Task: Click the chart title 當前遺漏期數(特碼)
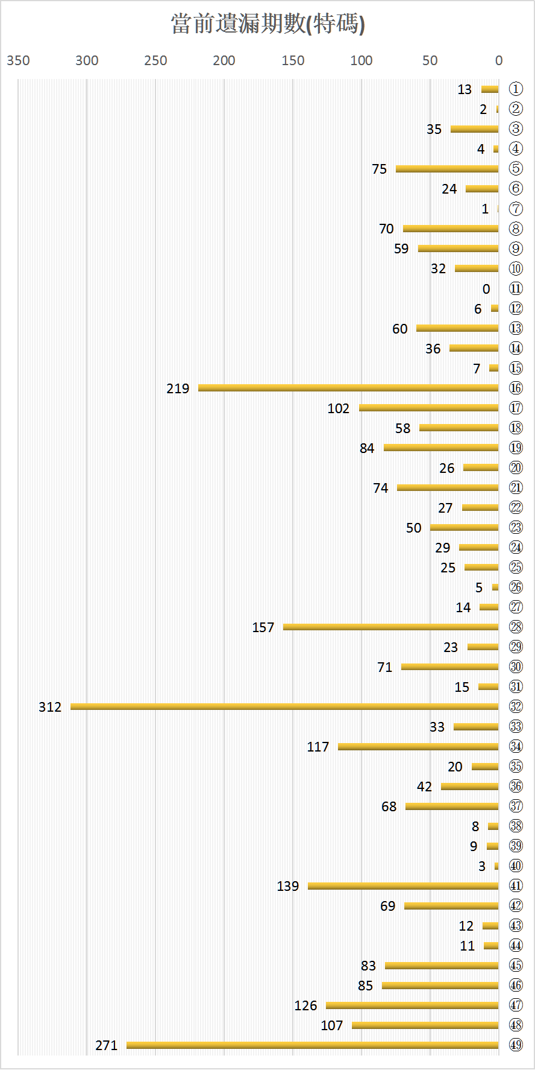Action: tap(267, 24)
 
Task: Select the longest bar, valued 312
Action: tap(284, 706)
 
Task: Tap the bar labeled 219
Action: tap(348, 388)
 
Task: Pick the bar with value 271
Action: tap(313, 1045)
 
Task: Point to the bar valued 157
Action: tap(391, 627)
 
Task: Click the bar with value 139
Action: tap(403, 885)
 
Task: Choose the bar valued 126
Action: tap(412, 1005)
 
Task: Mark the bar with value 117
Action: tap(418, 746)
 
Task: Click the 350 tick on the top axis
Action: tap(18, 60)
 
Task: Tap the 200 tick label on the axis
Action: tap(224, 60)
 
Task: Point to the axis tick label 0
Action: tap(499, 60)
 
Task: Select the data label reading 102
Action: tap(339, 408)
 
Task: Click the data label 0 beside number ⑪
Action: tap(486, 289)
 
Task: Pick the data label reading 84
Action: tap(367, 448)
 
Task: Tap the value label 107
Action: tap(332, 1025)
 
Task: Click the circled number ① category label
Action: tap(516, 89)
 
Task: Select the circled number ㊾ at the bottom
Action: tap(516, 1045)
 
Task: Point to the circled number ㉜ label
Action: tap(516, 706)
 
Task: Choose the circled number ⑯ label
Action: tap(516, 388)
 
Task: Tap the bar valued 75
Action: tap(447, 168)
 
